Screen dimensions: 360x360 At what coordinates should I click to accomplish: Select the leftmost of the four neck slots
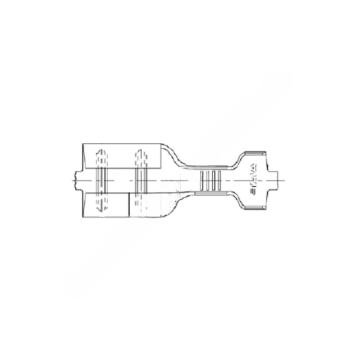point(202,180)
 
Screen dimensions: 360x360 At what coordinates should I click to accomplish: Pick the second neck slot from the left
point(208,180)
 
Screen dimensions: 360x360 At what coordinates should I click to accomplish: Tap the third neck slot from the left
point(214,180)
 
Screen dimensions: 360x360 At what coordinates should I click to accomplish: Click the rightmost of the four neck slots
point(219,180)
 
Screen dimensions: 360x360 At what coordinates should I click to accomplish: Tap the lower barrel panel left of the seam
point(106,205)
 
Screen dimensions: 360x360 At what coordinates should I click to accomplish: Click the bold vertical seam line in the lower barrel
point(129,205)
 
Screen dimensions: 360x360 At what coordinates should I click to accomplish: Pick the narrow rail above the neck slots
point(210,168)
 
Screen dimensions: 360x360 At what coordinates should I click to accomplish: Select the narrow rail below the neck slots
point(210,193)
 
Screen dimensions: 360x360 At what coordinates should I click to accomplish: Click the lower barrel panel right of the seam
point(148,205)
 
